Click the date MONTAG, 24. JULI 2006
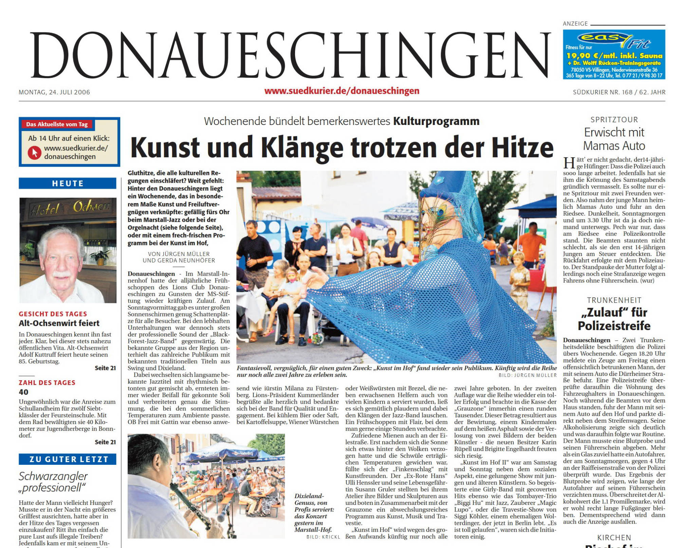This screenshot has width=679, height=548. tap(54, 92)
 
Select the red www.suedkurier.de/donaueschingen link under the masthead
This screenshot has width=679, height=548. tap(342, 91)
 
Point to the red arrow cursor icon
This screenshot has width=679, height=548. tap(34, 152)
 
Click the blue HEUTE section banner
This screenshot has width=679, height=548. tap(68, 183)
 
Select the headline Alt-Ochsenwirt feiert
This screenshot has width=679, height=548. tap(59, 323)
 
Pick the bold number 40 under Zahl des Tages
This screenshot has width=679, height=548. tap(23, 392)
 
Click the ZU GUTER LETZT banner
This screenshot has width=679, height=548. tap(68, 459)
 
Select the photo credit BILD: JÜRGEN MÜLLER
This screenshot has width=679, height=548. tap(528, 375)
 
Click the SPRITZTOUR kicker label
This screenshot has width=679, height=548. tap(614, 120)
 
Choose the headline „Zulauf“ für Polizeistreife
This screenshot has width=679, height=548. tap(614, 319)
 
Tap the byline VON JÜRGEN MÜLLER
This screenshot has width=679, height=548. tap(179, 254)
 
